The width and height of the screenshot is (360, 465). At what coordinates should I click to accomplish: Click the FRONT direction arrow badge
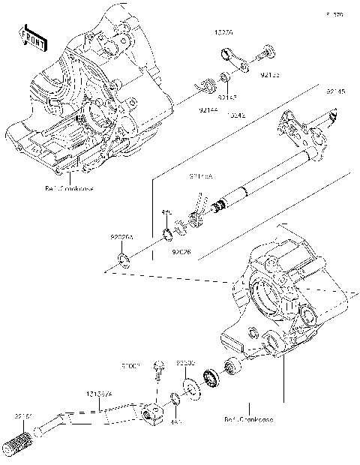coord(29,36)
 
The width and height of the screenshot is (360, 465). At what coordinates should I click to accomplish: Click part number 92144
coord(209,109)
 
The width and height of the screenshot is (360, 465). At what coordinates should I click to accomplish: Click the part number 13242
coord(235,116)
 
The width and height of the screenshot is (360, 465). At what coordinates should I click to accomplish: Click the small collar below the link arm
coord(224,77)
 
